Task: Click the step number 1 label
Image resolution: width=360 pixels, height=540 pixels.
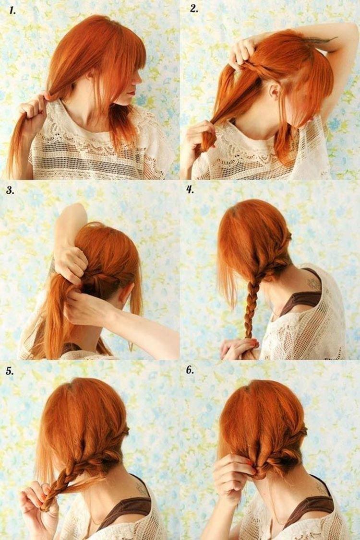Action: tap(12, 10)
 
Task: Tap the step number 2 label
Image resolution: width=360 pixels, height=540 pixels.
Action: tap(193, 9)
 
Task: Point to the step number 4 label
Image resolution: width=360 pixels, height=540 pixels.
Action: tap(191, 189)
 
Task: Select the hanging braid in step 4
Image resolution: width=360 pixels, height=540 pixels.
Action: tap(251, 307)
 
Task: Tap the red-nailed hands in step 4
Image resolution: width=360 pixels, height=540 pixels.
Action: tap(239, 348)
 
